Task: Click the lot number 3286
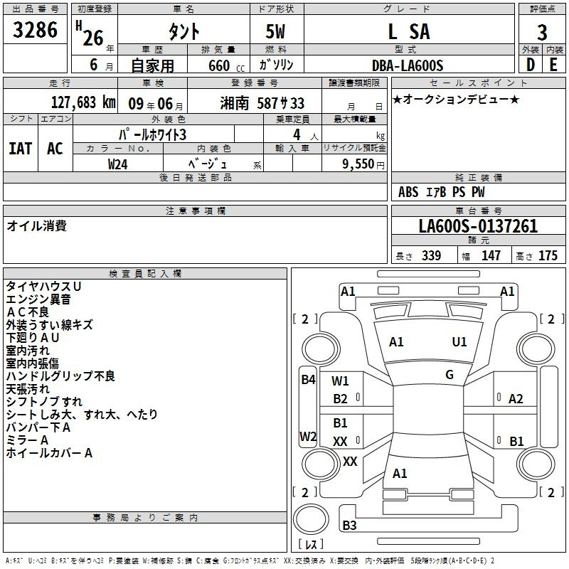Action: tap(35, 30)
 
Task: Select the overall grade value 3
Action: tap(542, 33)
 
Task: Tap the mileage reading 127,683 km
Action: tap(83, 102)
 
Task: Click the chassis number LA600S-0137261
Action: tap(478, 226)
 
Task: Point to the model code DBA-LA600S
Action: tap(408, 65)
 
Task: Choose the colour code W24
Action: tap(117, 164)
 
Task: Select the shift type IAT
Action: tap(21, 149)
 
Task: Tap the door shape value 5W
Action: tap(275, 31)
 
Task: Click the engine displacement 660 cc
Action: tap(226, 66)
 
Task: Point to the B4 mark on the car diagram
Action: tap(308, 380)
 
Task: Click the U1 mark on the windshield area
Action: tap(459, 342)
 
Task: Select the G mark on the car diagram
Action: tap(450, 375)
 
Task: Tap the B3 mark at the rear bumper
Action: tap(349, 526)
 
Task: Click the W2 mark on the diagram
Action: tap(308, 436)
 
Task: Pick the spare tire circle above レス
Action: tap(311, 519)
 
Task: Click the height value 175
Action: tap(548, 255)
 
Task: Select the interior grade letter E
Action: tap(553, 65)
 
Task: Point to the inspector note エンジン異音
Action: tap(38, 299)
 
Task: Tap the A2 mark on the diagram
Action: tap(516, 399)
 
